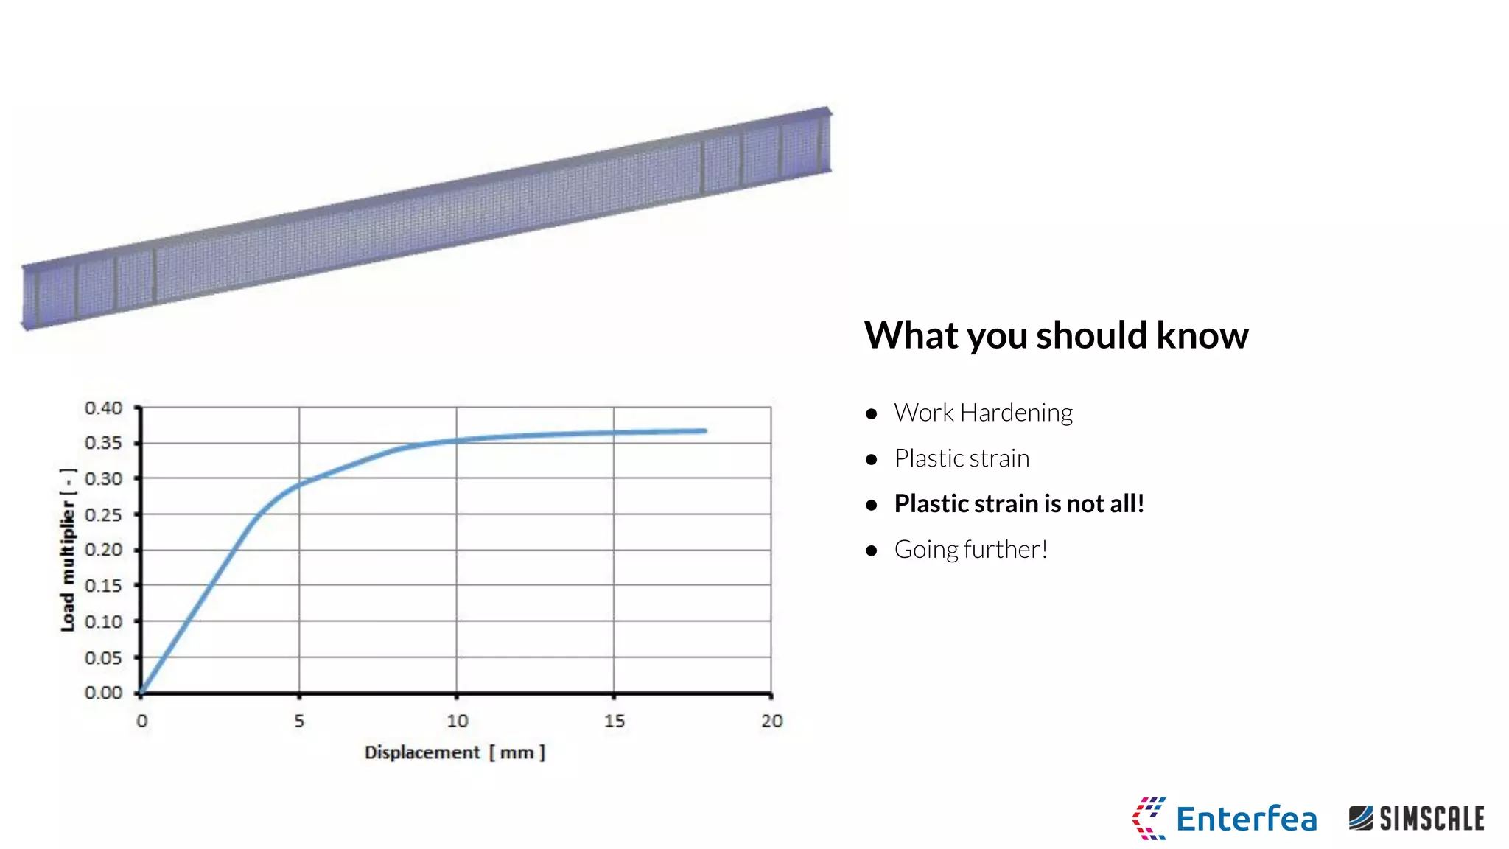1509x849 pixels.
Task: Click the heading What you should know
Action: tap(1055, 335)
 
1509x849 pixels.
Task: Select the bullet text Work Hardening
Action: tap(983, 413)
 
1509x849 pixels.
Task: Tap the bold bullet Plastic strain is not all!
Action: tap(1018, 504)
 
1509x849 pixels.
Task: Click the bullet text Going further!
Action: tap(970, 550)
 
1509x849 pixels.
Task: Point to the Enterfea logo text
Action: tap(1245, 819)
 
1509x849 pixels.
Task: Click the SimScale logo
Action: tap(1416, 819)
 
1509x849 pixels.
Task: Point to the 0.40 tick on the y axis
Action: tap(103, 408)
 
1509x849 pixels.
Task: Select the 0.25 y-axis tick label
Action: tap(103, 514)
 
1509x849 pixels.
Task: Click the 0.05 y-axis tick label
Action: tap(103, 657)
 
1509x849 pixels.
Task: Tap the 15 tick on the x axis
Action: tap(614, 721)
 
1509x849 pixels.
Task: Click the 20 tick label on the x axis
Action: tap(771, 721)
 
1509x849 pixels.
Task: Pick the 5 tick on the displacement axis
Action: tap(299, 721)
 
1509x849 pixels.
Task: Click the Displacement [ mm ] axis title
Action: tap(455, 752)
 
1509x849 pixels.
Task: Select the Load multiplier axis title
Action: tap(68, 550)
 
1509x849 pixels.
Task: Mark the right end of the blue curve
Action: tap(704, 431)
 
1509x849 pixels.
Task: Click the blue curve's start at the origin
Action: tap(142, 691)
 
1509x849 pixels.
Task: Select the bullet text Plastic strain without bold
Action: tap(961, 458)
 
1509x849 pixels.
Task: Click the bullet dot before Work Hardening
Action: tap(872, 414)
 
